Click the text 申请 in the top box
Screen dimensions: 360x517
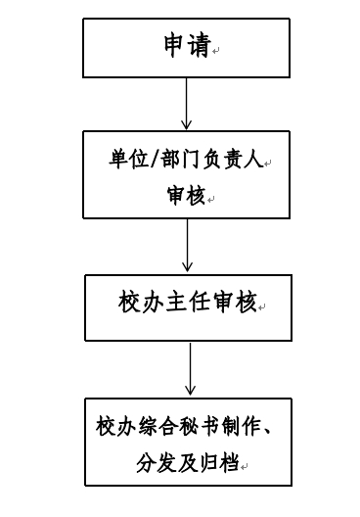click(x=188, y=45)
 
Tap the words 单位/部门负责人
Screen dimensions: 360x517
click(x=186, y=160)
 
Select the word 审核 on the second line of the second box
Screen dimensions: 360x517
click(x=186, y=196)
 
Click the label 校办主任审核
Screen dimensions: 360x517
click(x=188, y=302)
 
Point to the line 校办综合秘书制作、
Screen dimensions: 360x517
click(x=184, y=426)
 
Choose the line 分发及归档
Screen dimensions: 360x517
click(x=188, y=462)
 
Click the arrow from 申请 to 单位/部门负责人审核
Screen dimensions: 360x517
click(x=186, y=104)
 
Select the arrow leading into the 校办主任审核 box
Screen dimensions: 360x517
click(x=187, y=246)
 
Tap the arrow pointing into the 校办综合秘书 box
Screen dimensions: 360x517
click(x=190, y=369)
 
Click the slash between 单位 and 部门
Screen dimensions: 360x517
click(x=155, y=160)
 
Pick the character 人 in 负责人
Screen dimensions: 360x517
click(x=253, y=160)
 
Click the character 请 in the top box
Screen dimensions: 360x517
click(x=200, y=45)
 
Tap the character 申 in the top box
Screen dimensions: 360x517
click(x=175, y=45)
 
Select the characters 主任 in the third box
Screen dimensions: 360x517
click(x=188, y=302)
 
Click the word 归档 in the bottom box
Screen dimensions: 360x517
click(x=219, y=462)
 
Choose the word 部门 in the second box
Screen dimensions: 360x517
click(x=180, y=160)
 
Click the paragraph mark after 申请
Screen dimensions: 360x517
click(x=216, y=51)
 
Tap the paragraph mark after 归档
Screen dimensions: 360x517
click(x=244, y=466)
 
